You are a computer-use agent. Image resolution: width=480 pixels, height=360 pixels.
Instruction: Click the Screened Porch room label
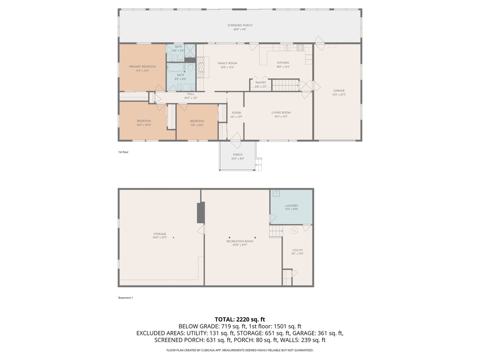pyautogui.click(x=240, y=25)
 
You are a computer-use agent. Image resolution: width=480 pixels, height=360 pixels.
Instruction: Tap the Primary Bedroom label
pyautogui.click(x=142, y=67)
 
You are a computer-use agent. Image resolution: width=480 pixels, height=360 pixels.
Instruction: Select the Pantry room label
pyautogui.click(x=260, y=82)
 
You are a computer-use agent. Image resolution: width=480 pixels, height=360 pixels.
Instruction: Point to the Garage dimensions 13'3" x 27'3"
pyautogui.click(x=339, y=95)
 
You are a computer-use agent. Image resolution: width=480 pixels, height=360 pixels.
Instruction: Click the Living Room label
pyautogui.click(x=281, y=113)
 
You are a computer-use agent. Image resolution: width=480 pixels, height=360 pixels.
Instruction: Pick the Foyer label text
pyautogui.click(x=236, y=113)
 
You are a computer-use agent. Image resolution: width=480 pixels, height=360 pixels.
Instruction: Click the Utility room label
pyautogui.click(x=297, y=250)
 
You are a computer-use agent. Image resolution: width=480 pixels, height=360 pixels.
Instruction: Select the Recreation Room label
pyautogui.click(x=240, y=241)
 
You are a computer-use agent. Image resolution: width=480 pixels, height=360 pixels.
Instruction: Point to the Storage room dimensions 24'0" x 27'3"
pyautogui.click(x=160, y=238)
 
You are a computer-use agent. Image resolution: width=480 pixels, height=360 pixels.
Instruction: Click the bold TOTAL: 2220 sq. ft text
pyautogui.click(x=240, y=319)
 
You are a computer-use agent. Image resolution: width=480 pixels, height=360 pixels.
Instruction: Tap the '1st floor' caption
pyautogui.click(x=123, y=152)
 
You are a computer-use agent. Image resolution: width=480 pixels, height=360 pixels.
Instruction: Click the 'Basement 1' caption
pyautogui.click(x=126, y=298)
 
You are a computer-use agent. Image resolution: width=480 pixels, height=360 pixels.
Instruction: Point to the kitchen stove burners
pyautogui.click(x=300, y=48)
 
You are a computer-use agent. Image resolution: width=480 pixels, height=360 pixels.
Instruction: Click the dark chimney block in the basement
pyautogui.click(x=201, y=213)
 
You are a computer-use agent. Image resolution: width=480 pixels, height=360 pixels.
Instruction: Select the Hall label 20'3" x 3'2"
pyautogui.click(x=191, y=96)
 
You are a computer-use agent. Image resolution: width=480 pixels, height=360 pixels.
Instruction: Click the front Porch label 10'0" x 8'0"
pyautogui.click(x=238, y=157)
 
